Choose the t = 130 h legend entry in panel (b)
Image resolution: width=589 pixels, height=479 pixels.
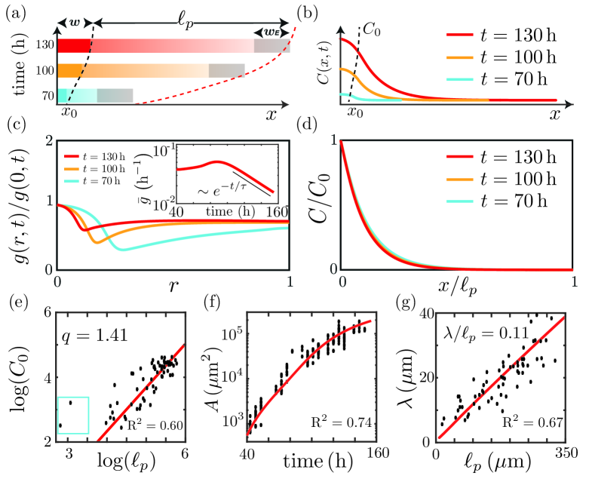(x=499, y=35)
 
